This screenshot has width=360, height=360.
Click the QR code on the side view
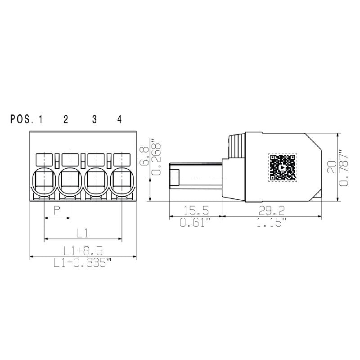pyautogui.click(x=283, y=167)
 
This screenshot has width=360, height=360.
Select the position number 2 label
pyautogui.click(x=66, y=119)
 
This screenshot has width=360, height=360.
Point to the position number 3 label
pyautogui.click(x=94, y=119)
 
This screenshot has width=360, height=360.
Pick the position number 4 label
pyautogui.click(x=119, y=119)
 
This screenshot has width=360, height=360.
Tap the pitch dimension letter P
pyautogui.click(x=57, y=210)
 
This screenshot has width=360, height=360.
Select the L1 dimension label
pyautogui.click(x=82, y=233)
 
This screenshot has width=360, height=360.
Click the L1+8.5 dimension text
pyautogui.click(x=82, y=251)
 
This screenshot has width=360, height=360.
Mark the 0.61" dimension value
pyautogui.click(x=195, y=223)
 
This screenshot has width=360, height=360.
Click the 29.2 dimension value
pyautogui.click(x=272, y=210)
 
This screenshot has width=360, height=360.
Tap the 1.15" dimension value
pyautogui.click(x=272, y=223)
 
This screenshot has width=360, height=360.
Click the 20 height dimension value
pyautogui.click(x=332, y=167)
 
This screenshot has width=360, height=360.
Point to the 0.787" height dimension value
pyautogui.click(x=344, y=167)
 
